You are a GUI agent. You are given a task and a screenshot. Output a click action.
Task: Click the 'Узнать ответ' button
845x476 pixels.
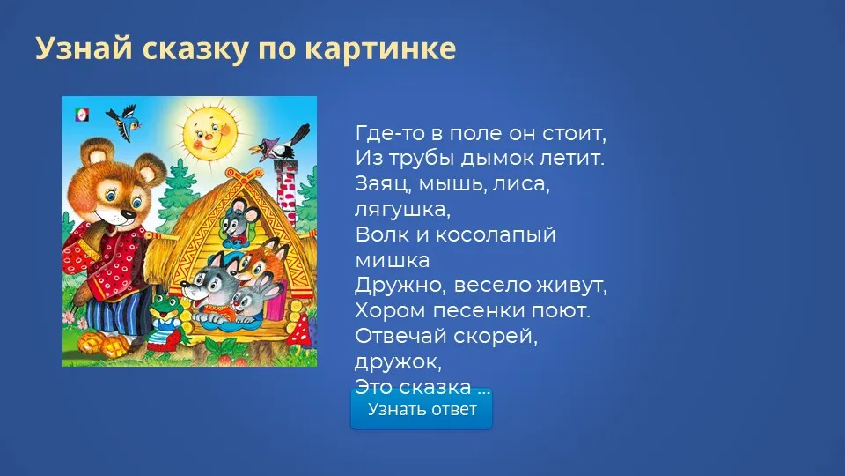tap(422, 409)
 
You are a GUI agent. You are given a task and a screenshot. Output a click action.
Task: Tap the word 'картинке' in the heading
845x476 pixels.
tap(380, 48)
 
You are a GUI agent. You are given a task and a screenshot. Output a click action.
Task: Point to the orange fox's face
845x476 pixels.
tap(258, 263)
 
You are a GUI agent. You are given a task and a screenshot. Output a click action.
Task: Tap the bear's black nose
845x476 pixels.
tap(128, 214)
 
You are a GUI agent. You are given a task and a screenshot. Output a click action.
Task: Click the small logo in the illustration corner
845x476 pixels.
tap(82, 115)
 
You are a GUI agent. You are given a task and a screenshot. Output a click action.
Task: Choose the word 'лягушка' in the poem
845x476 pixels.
tap(402, 210)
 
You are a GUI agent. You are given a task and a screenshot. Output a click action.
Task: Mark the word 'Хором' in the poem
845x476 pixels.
tap(390, 310)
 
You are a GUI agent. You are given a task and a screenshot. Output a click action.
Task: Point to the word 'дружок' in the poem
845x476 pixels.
tap(398, 361)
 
